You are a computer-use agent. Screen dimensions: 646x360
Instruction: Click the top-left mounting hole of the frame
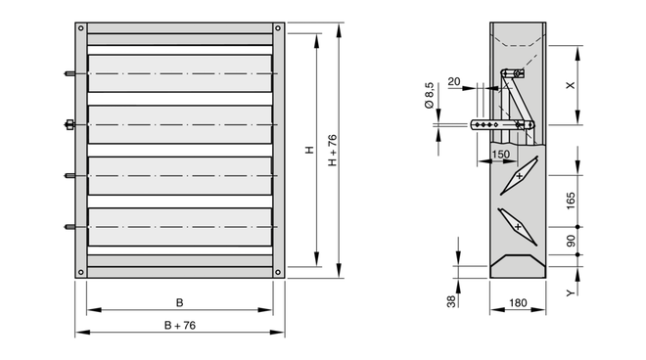(80, 28)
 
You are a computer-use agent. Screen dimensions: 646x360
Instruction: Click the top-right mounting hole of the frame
(278, 28)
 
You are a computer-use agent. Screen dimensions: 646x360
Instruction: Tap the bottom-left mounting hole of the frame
(80, 272)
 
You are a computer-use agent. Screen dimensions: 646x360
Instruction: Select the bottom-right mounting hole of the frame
(278, 272)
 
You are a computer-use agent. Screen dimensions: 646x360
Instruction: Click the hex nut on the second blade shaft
(69, 124)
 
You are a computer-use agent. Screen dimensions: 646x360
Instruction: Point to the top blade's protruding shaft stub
(69, 73)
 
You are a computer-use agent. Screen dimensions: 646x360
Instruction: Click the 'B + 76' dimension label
(180, 326)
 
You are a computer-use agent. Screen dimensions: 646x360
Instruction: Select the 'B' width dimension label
(180, 302)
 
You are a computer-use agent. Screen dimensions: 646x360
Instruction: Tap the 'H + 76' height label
(333, 151)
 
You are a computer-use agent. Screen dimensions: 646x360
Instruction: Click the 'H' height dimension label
(310, 150)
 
